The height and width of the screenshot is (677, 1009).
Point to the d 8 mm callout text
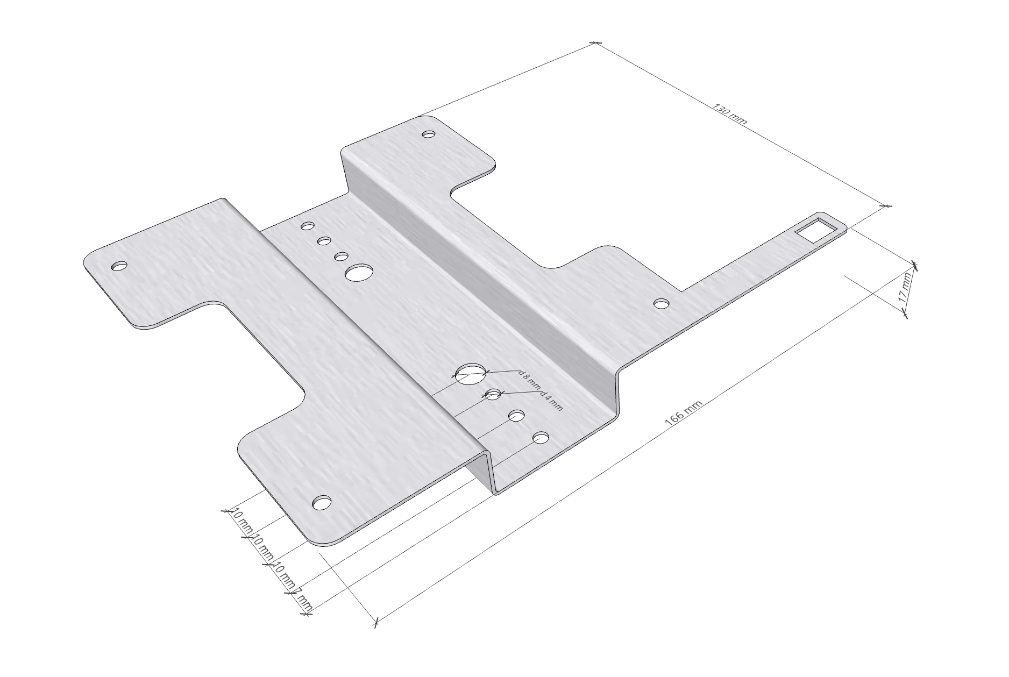point(530,379)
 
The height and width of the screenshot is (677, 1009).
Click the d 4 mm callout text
point(551,401)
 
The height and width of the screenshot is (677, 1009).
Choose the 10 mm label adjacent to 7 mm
point(285,574)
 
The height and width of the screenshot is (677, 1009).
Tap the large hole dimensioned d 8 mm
point(471,373)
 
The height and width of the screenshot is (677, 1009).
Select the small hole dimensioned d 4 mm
point(493,395)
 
